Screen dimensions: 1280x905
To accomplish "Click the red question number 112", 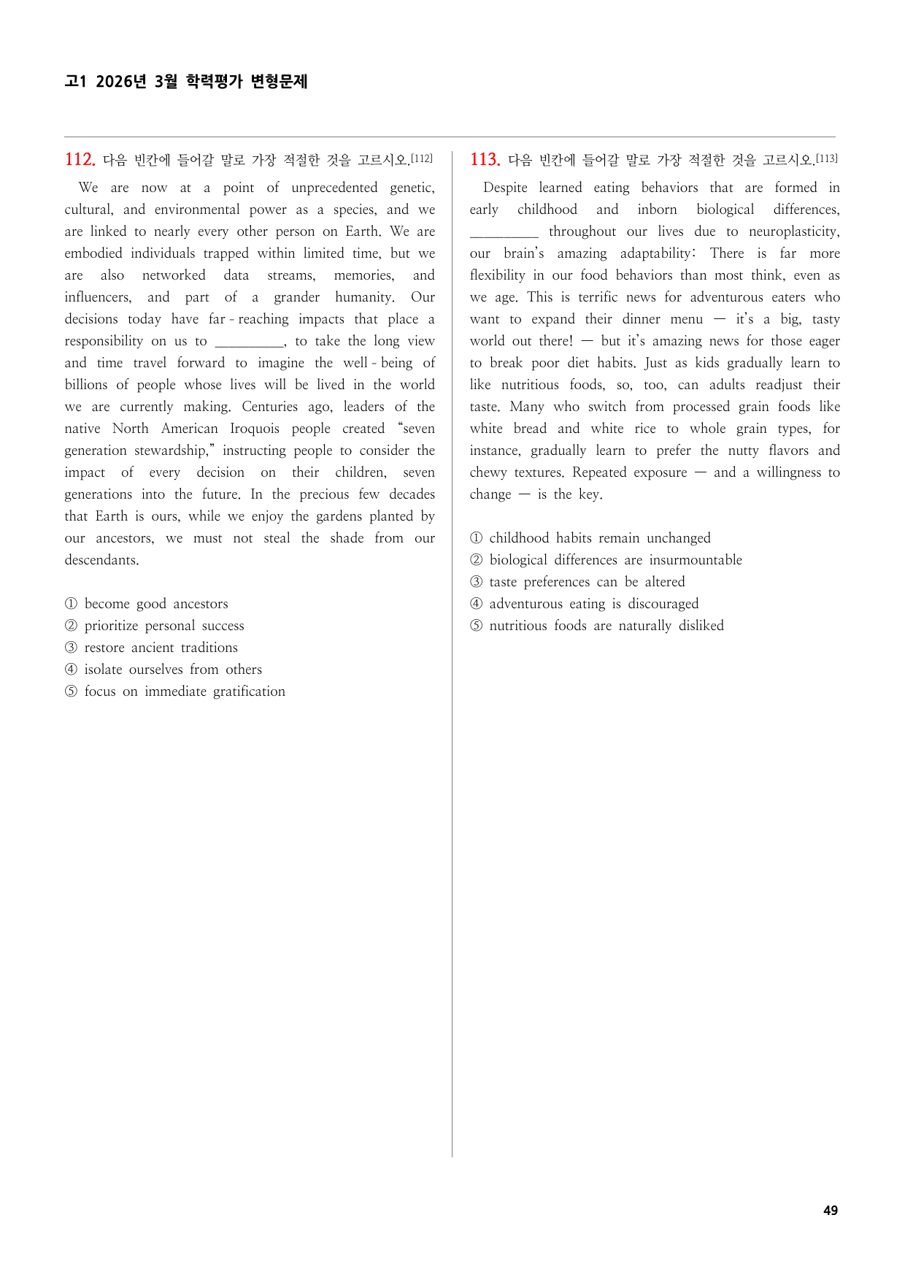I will (x=80, y=159).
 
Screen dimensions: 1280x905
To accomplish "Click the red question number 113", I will (x=485, y=159).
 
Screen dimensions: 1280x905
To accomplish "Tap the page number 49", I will (x=830, y=1210).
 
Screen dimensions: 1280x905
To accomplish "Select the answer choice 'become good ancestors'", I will (x=155, y=604).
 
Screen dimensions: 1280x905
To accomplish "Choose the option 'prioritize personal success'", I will (x=163, y=626).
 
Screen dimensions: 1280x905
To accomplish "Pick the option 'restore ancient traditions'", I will (x=161, y=648).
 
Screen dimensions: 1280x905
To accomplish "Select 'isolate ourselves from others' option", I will (x=172, y=670).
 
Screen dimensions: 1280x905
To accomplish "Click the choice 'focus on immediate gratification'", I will (x=184, y=691).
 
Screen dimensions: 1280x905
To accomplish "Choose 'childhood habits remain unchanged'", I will (x=599, y=538).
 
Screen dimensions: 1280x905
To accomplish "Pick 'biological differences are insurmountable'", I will (x=615, y=560).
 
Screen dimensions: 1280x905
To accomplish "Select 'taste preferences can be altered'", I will (x=587, y=582).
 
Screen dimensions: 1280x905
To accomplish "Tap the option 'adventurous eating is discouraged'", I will (x=593, y=604).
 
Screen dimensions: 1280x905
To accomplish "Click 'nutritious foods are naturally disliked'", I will (x=606, y=626).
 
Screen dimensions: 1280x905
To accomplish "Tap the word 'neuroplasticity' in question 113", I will (x=793, y=231).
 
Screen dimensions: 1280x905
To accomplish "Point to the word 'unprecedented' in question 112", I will (x=334, y=188).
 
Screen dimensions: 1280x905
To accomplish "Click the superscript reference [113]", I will (x=826, y=158).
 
